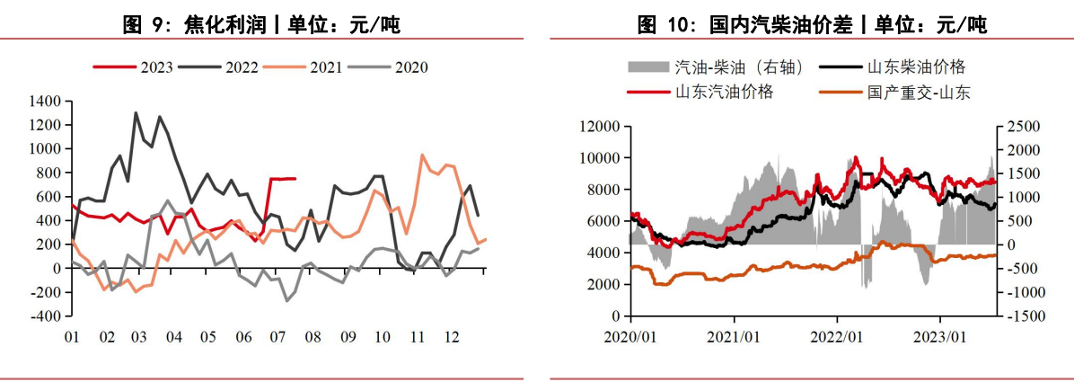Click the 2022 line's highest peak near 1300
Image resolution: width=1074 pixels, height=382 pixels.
136,113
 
